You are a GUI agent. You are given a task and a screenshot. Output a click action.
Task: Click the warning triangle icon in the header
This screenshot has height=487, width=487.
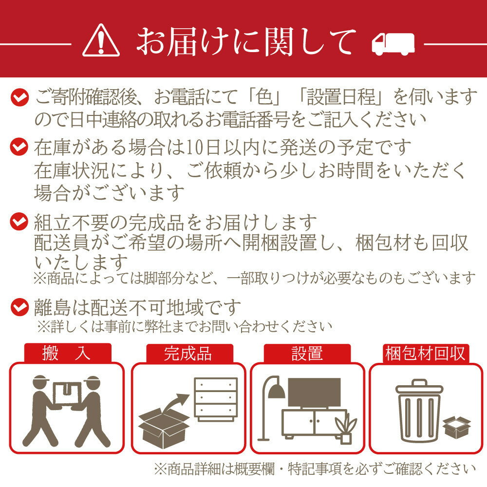[101, 41]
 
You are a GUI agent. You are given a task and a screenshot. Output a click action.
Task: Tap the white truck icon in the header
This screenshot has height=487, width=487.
[393, 44]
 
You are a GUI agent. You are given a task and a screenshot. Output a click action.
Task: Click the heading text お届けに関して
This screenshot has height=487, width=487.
[246, 41]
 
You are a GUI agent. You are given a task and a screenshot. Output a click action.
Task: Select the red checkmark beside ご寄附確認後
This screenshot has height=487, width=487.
[19, 97]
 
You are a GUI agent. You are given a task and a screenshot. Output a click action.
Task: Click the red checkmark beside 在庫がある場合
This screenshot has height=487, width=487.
[19, 147]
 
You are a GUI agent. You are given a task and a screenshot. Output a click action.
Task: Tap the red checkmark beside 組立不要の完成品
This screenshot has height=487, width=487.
[19, 222]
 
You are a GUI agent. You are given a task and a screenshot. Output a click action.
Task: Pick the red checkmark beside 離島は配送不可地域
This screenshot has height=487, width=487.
[19, 307]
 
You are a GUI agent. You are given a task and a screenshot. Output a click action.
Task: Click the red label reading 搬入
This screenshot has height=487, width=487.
[67, 353]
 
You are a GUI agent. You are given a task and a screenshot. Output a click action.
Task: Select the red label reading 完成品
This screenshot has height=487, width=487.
[189, 354]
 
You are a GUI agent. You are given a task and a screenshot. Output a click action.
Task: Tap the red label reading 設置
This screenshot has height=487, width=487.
[307, 354]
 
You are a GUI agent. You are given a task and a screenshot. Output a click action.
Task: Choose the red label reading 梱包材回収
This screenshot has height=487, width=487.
[426, 354]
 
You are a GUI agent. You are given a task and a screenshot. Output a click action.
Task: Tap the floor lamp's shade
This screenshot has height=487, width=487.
[277, 392]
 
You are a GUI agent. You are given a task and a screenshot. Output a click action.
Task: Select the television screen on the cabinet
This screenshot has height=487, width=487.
[314, 392]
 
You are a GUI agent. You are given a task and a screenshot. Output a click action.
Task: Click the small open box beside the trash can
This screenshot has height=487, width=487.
[457, 428]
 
